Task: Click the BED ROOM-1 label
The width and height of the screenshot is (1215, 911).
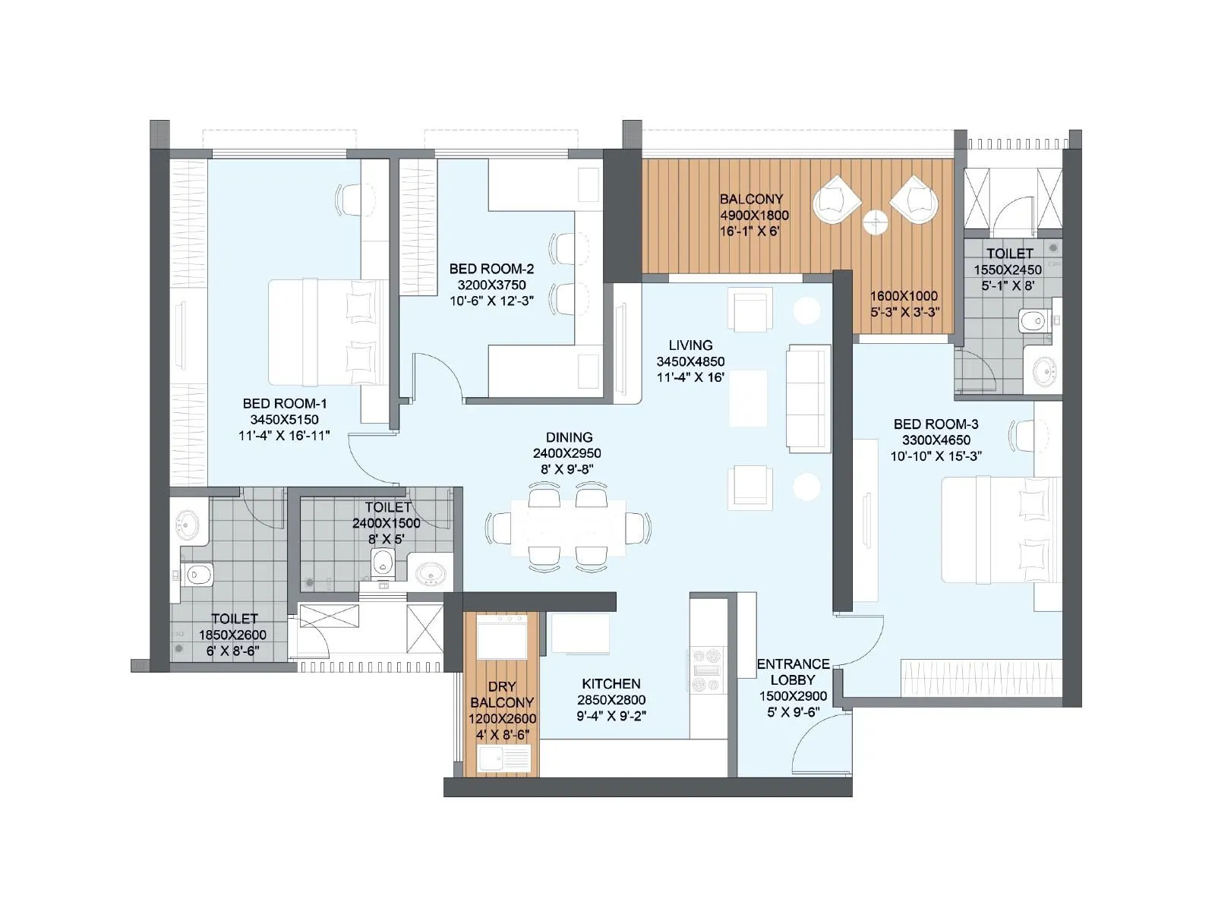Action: tap(284, 403)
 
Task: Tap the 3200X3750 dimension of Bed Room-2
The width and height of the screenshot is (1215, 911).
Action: tap(491, 285)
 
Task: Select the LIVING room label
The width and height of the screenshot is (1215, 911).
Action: tap(690, 345)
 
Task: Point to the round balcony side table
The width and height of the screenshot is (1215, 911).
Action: tap(875, 222)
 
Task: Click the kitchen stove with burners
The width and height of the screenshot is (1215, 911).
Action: tap(706, 670)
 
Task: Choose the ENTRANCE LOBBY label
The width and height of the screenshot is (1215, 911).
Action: tap(793, 672)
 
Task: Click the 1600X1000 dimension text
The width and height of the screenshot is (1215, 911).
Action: tap(904, 295)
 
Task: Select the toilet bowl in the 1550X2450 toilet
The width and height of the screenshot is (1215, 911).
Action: tap(1033, 321)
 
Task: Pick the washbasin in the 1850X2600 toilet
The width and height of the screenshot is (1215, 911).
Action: tap(187, 523)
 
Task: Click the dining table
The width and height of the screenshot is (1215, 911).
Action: tap(568, 528)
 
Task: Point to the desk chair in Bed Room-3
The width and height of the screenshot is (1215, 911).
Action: tap(1021, 436)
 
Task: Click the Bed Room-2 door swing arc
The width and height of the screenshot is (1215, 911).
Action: tap(440, 372)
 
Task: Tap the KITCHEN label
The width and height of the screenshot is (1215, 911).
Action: tap(611, 683)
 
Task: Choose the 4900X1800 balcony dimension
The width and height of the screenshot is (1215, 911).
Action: tap(754, 215)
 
